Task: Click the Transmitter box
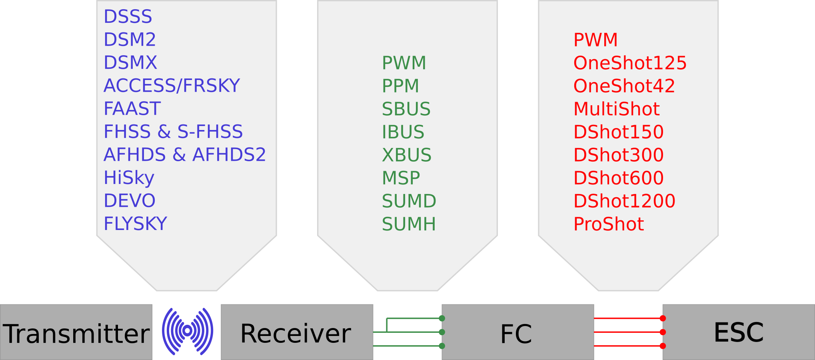[x=76, y=332]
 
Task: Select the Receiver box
[x=296, y=332]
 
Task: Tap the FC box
[x=517, y=332]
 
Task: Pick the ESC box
[x=738, y=332]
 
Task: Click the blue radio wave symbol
[x=188, y=331]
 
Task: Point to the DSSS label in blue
[x=128, y=17]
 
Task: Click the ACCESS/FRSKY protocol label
[x=172, y=86]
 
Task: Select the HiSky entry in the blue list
[x=129, y=178]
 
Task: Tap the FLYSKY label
[x=135, y=224]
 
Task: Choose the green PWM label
[x=404, y=63]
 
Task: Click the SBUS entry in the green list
[x=406, y=109]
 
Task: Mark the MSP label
[x=401, y=178]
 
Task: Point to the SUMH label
[x=409, y=224]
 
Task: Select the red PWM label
[x=595, y=40]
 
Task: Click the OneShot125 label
[x=630, y=63]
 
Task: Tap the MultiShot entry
[x=616, y=109]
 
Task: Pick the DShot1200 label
[x=624, y=201]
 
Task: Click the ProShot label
[x=609, y=224]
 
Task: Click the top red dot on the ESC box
[x=663, y=318]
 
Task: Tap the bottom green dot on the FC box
[x=442, y=346]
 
